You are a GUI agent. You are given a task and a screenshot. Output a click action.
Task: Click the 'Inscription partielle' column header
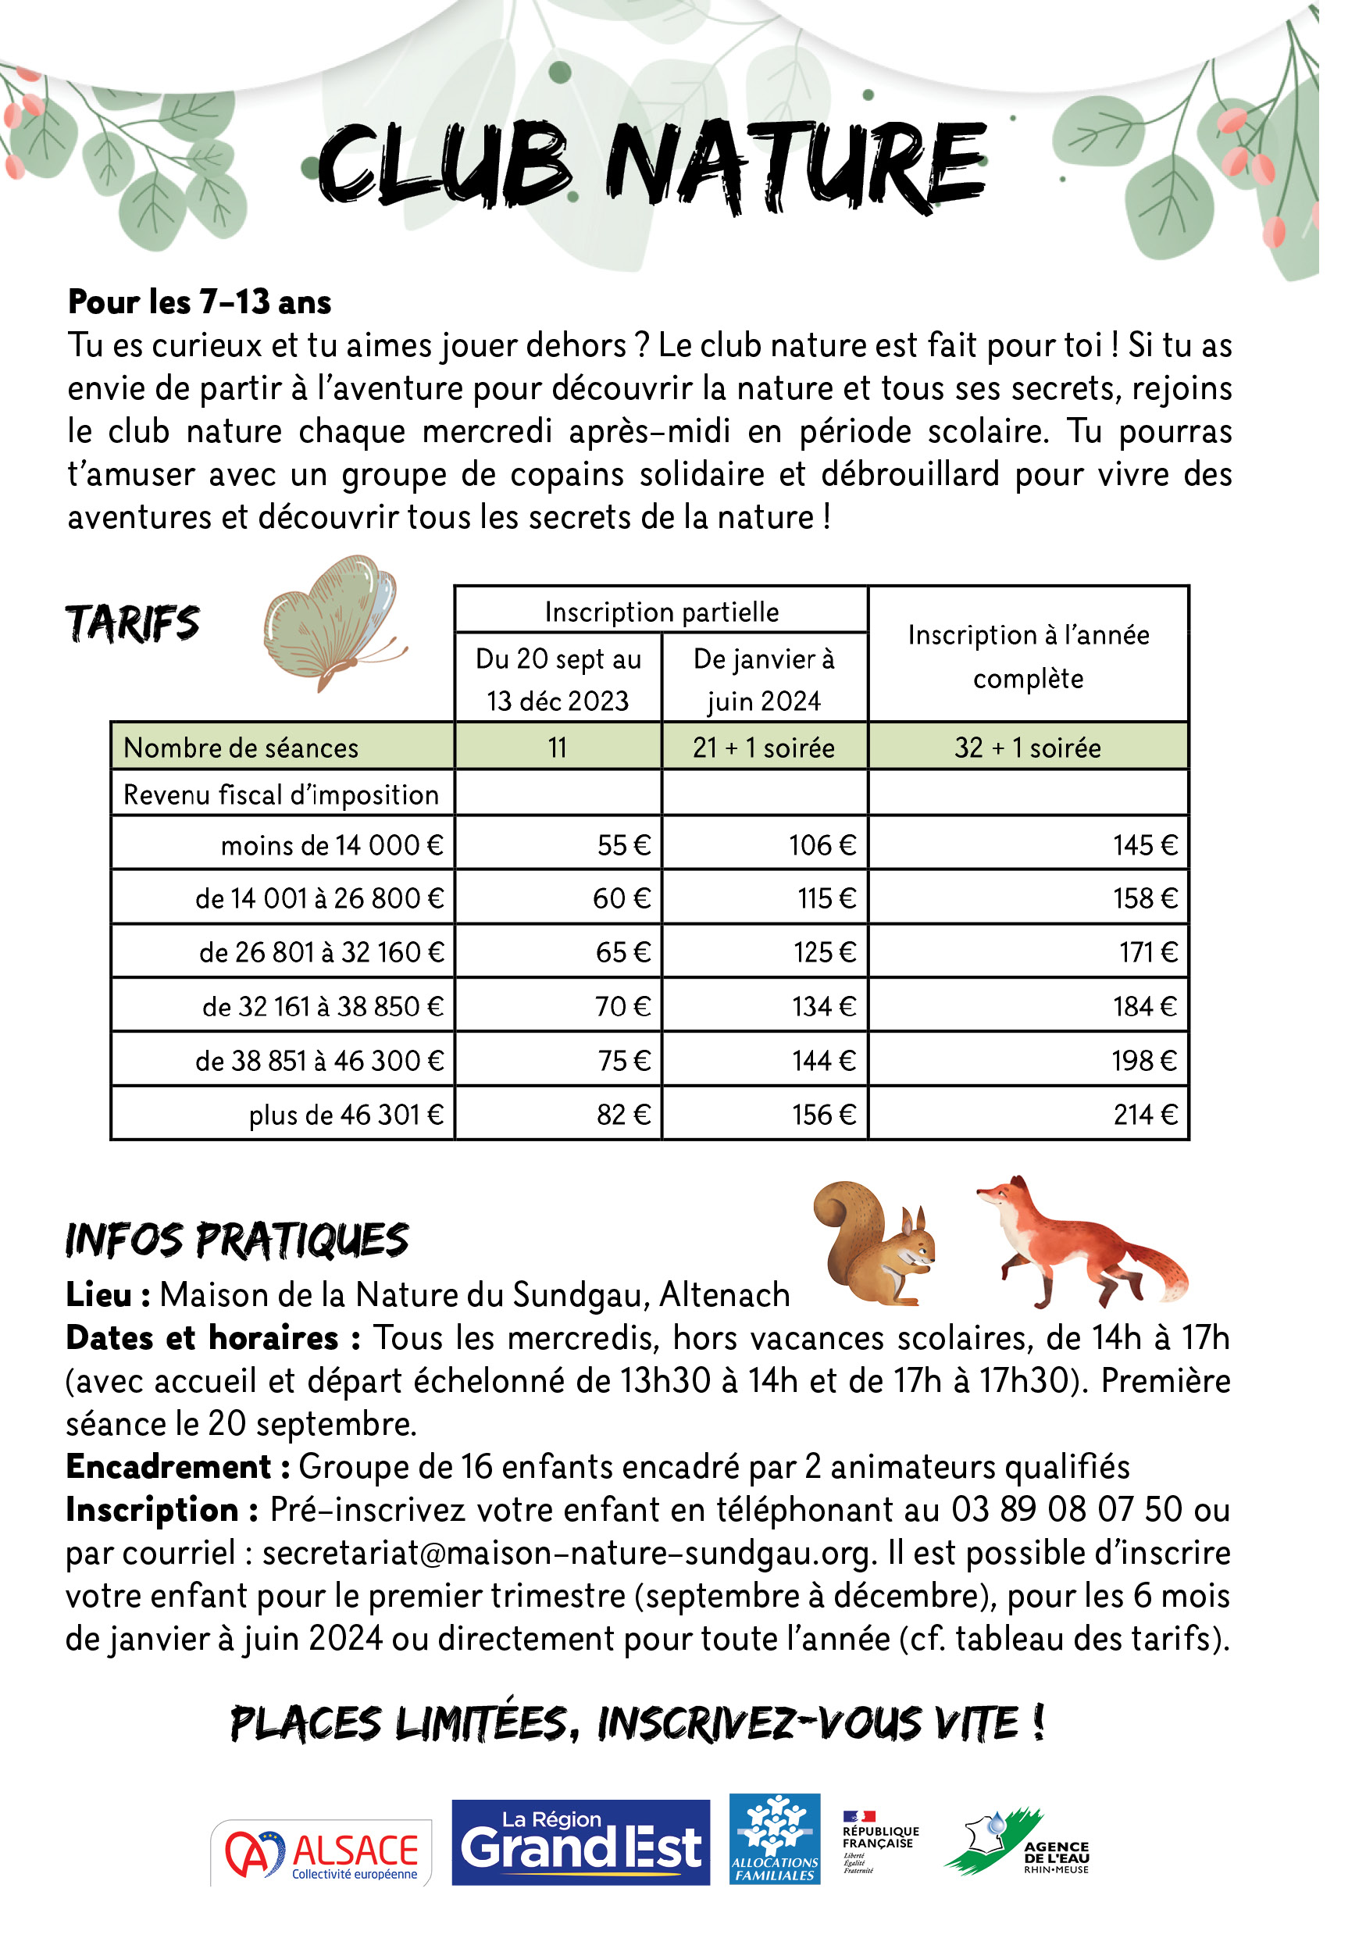[662, 611]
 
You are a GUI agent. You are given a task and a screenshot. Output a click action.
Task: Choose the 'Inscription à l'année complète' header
[1029, 656]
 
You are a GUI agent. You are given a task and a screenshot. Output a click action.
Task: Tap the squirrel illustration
[875, 1243]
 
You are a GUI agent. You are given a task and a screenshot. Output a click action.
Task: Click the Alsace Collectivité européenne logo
[322, 1854]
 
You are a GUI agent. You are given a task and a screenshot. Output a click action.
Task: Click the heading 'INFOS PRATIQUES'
[237, 1240]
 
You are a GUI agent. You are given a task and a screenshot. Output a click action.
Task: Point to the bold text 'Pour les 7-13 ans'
[199, 302]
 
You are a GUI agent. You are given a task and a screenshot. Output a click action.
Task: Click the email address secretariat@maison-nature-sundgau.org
[566, 1552]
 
